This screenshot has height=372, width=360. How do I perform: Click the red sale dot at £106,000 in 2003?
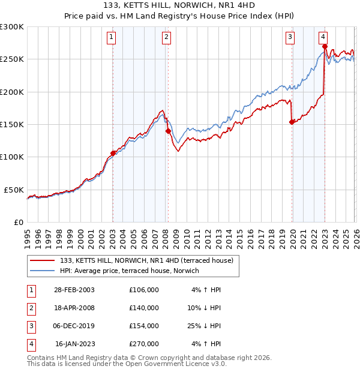pos(113,153)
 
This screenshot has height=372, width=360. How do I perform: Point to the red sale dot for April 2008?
pos(168,131)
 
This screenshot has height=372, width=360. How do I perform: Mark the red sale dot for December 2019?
pos(292,122)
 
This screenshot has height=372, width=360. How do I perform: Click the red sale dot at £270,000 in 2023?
pos(325,46)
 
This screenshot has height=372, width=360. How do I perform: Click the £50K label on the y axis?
pos(14,190)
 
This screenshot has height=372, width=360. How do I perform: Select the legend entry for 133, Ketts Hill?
pos(150,260)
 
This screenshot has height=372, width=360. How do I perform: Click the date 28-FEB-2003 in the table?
pos(74,290)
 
